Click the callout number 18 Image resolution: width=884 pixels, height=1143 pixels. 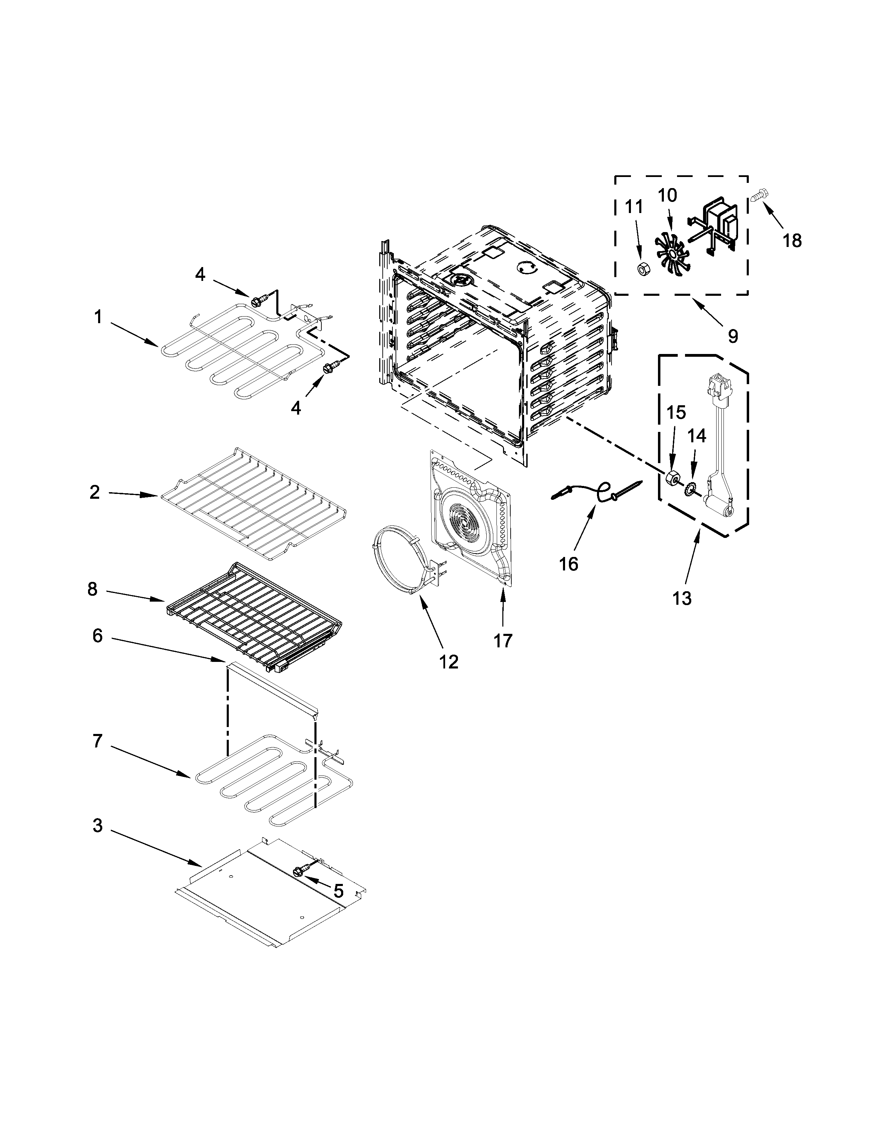coord(792,240)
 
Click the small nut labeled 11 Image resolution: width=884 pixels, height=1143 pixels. coord(641,269)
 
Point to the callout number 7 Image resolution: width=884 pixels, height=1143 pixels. coord(98,741)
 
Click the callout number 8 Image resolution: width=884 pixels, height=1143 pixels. coord(93,589)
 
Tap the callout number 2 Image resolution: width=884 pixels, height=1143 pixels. coord(95,492)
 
